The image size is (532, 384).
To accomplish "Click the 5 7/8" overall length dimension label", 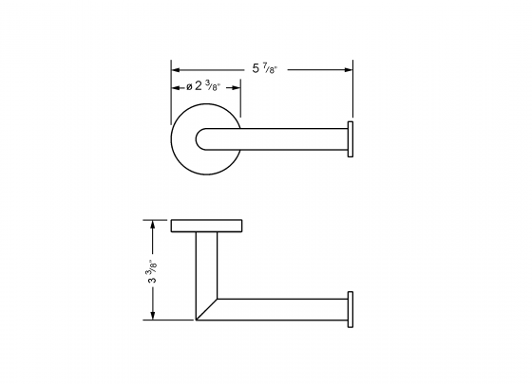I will tap(269, 67).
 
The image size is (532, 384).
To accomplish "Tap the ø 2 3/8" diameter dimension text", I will tap(205, 86).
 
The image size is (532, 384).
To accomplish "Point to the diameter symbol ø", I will tap(191, 86).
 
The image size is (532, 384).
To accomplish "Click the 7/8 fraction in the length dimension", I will tap(275, 67).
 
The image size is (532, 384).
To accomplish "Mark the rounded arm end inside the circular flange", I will tap(201, 139).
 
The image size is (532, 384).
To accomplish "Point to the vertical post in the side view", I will tap(205, 270).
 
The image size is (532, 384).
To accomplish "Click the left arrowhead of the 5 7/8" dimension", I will tap(175, 68).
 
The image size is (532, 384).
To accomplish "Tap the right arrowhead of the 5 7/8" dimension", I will tap(349, 68).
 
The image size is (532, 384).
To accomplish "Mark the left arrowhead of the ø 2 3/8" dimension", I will tap(175, 86).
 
